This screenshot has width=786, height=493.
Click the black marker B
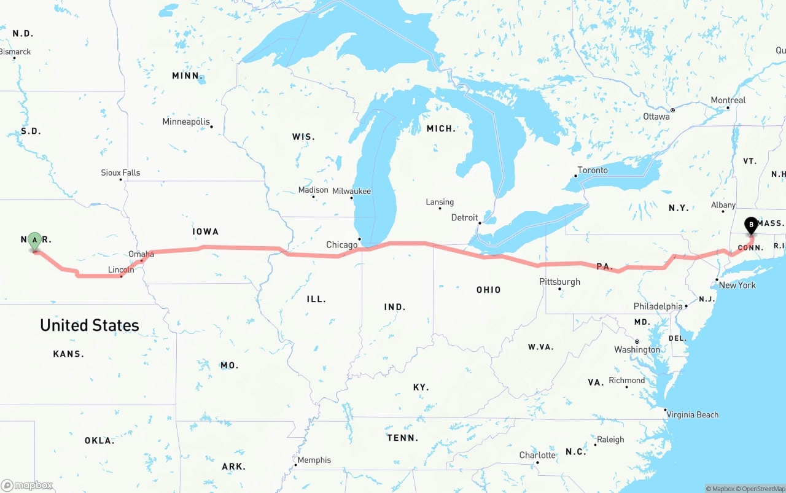click(x=751, y=225)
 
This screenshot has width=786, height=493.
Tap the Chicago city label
click(x=341, y=245)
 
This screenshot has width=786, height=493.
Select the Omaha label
click(x=141, y=254)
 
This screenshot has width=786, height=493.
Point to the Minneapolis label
click(x=185, y=122)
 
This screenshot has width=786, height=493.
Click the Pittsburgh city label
click(x=559, y=282)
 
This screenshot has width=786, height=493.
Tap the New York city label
click(x=737, y=285)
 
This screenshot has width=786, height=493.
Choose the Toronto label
click(x=593, y=170)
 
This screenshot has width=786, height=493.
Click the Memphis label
click(x=314, y=460)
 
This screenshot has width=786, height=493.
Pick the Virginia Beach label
click(x=692, y=414)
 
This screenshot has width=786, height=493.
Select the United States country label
click(x=90, y=325)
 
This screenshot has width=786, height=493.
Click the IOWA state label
click(x=205, y=231)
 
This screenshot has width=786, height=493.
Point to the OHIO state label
click(x=488, y=290)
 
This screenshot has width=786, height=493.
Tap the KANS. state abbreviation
click(x=68, y=354)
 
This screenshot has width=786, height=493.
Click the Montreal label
click(x=728, y=100)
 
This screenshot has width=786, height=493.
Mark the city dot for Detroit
click(x=480, y=223)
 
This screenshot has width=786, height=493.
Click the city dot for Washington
click(x=637, y=341)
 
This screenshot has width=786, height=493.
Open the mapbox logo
click(x=26, y=486)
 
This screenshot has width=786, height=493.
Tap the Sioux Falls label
click(x=120, y=173)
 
